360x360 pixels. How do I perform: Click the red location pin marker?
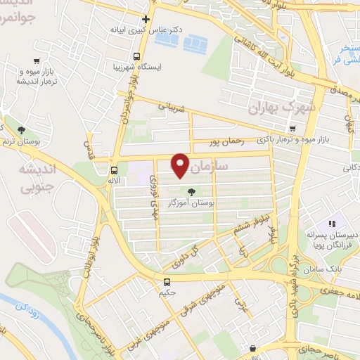pos(181,165)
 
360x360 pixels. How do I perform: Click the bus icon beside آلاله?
pos(114,170)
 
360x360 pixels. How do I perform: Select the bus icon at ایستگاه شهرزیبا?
pos(136,56)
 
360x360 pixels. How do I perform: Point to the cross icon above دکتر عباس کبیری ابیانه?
pos(146,19)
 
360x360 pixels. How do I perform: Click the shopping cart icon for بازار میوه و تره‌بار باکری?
pos(292,129)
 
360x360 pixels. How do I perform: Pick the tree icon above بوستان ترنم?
pos(21,129)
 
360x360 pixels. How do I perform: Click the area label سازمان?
pos(210,167)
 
